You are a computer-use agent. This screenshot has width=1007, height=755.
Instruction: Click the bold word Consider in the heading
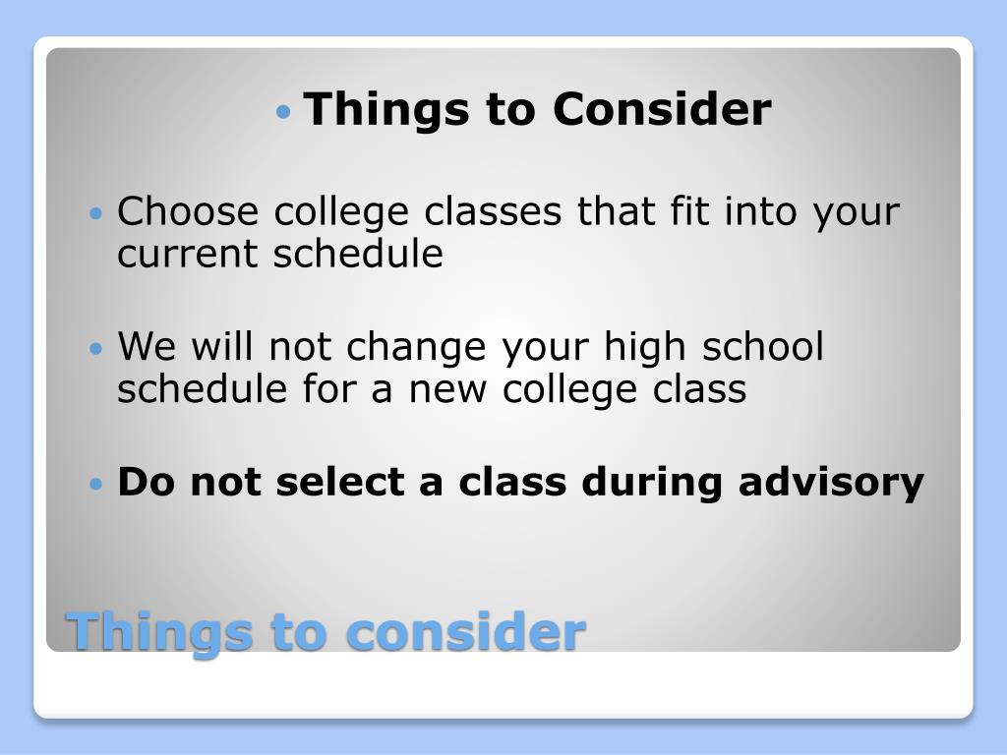[x=662, y=109]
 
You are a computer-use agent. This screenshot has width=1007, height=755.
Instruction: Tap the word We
[x=148, y=347]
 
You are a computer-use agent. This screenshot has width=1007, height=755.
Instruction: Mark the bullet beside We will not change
[x=95, y=349]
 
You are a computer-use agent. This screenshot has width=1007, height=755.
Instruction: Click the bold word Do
[x=147, y=482]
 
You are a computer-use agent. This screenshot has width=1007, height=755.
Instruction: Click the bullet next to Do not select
[x=95, y=484]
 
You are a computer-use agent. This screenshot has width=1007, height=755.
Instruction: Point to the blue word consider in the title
[x=466, y=631]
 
